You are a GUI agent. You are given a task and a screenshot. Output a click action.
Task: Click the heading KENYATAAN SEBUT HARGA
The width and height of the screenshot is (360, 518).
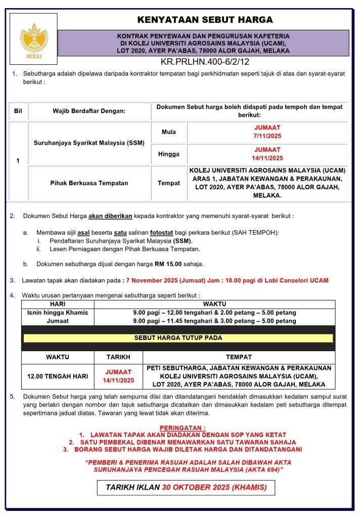[x=205, y=20]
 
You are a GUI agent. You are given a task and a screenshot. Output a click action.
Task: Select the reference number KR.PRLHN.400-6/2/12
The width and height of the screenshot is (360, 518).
[x=205, y=62]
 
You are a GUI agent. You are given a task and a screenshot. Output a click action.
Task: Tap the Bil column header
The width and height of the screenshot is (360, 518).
[x=18, y=111]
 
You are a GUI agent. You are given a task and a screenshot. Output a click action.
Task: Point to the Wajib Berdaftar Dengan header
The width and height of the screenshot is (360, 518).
[x=89, y=111]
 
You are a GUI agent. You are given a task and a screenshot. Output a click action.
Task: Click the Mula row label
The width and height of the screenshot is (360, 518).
[x=169, y=132]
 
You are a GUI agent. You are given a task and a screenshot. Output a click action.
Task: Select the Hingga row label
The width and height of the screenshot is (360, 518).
[x=169, y=154]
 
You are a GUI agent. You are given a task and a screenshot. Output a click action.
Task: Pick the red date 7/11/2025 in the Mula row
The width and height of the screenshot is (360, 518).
[x=268, y=136]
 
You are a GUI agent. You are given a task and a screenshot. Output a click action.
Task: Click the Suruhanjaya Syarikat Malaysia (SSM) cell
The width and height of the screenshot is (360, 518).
[x=89, y=143]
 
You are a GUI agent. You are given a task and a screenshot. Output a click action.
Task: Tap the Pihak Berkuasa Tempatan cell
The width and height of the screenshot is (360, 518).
[x=89, y=183]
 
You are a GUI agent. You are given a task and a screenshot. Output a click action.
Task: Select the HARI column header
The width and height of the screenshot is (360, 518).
[x=58, y=304]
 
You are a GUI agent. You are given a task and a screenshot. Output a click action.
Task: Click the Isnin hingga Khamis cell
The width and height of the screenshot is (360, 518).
[x=58, y=313]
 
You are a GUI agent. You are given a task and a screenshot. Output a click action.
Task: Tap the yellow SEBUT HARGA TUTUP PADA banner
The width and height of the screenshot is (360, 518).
[x=178, y=338]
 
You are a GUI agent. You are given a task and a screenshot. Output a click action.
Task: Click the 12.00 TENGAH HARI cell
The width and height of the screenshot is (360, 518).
[x=58, y=376]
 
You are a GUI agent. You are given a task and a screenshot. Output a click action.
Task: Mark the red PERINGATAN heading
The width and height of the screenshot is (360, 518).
[x=183, y=427]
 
